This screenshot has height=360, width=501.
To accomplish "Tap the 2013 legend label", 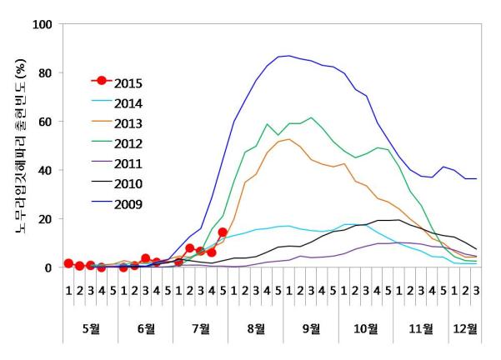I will point(128,122).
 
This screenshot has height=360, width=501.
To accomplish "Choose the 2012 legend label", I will point(128,142).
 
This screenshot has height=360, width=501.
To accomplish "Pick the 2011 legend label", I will point(128,162).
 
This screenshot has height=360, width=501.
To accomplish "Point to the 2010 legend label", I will point(128,183).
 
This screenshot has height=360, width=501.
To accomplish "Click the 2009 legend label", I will point(128,203).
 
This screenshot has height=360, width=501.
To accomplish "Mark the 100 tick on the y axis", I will point(42,24).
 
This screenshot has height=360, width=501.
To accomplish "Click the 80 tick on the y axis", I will point(45,73).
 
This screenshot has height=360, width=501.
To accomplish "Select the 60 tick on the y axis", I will point(45,122).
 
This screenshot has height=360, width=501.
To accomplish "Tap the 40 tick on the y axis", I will point(45,171).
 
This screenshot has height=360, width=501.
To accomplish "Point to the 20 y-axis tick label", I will point(45,219).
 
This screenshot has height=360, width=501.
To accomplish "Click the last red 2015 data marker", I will point(223,232).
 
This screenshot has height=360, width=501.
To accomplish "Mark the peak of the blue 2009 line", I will point(288,56).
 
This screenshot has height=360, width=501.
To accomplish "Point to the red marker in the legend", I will point(102,81).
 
